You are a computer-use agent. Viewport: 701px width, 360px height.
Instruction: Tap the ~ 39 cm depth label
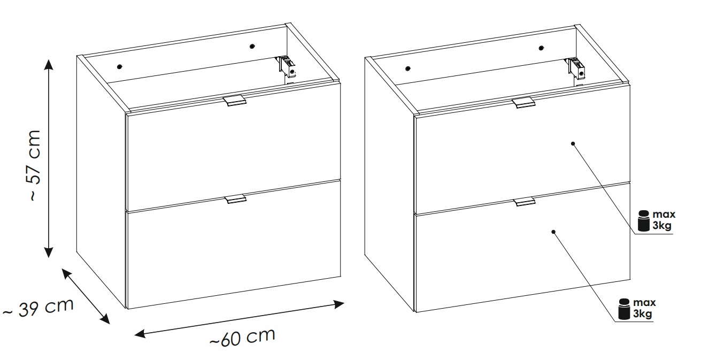click(38, 308)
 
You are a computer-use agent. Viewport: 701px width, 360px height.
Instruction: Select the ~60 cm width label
click(242, 337)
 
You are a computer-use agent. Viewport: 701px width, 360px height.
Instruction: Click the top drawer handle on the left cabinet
click(235, 101)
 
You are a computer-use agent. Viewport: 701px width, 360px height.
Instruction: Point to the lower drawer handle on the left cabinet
click(235, 199)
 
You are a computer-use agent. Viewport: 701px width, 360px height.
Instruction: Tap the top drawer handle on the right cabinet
click(523, 102)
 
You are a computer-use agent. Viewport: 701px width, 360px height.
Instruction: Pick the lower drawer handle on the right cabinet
click(524, 202)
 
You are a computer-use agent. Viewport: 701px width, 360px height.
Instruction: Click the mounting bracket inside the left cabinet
click(286, 67)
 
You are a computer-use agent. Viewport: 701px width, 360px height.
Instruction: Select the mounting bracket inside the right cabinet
click(575, 69)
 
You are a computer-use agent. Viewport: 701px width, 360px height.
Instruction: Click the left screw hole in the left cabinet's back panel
click(119, 67)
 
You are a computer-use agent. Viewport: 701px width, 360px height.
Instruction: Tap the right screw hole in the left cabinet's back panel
click(252, 47)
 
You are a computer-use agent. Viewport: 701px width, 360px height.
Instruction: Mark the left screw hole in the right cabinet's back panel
click(408, 68)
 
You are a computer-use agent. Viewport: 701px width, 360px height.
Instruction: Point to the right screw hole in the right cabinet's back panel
click(542, 48)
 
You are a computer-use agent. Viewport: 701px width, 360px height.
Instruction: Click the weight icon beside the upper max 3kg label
click(644, 221)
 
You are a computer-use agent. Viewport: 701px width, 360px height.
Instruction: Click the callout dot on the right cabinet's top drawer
click(573, 144)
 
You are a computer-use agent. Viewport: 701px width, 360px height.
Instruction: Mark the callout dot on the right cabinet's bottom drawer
click(553, 232)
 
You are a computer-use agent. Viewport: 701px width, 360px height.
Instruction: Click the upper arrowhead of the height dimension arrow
click(48, 64)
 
